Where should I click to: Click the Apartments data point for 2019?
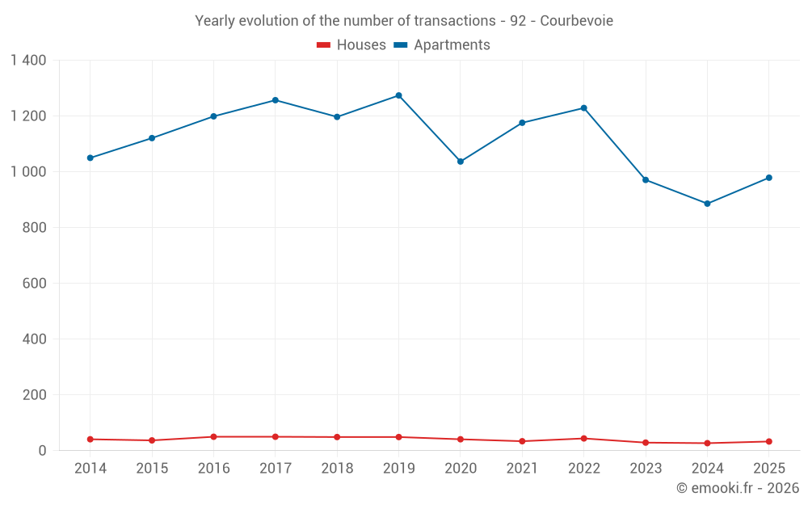pos(399,95)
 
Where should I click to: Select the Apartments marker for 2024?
pos(708,204)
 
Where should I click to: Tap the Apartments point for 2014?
pos(90,158)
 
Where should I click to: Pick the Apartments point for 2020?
pos(461,162)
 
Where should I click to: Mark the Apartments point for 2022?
pos(584,108)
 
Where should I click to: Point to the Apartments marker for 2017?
pos(276,100)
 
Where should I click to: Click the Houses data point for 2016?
pos(214,437)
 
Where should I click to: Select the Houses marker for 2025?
pos(769,442)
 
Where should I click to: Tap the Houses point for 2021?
pos(523,441)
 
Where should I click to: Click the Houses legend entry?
pos(351,44)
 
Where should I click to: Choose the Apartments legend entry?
pos(442,44)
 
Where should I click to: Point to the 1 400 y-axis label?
pos(29,61)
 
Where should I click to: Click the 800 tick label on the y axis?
pos(35,227)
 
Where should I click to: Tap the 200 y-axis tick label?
pos(35,395)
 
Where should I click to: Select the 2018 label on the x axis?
pos(337,468)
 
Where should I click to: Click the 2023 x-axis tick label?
pos(646,468)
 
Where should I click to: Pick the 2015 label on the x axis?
pos(152,468)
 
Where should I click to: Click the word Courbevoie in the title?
pos(577,21)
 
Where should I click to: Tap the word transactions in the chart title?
pos(455,21)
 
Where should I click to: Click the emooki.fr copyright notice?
pos(738,487)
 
